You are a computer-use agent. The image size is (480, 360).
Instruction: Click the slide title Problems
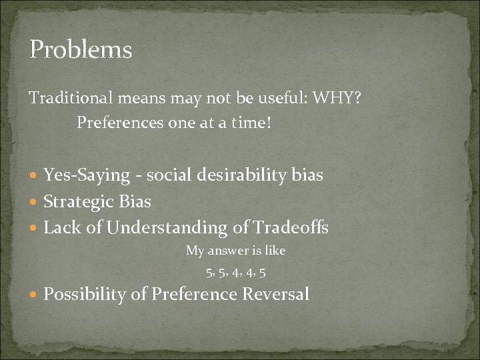click(81, 49)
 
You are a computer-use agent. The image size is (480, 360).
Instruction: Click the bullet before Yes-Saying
click(35, 176)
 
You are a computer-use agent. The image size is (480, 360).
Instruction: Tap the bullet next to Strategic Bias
click(35, 202)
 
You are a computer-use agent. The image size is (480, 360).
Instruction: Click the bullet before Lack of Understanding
click(35, 228)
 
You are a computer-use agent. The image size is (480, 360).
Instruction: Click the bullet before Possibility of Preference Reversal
click(35, 294)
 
